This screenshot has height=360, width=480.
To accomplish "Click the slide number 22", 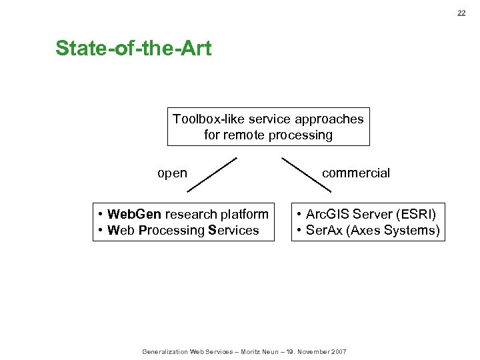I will (461, 13).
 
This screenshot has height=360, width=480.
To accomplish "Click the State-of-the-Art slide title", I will (133, 49).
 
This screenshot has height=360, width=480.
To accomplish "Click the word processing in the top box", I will (307, 135).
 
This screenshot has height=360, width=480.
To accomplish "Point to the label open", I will (172, 173).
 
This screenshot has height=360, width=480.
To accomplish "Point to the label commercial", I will (356, 173).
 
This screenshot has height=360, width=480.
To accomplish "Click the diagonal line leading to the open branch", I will (212, 175).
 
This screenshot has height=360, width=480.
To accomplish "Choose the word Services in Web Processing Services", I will (233, 231).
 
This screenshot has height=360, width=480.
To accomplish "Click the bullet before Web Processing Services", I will (99, 231).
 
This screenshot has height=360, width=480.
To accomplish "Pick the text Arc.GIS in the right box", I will (327, 214).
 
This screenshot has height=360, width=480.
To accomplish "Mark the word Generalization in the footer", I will (165, 351).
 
